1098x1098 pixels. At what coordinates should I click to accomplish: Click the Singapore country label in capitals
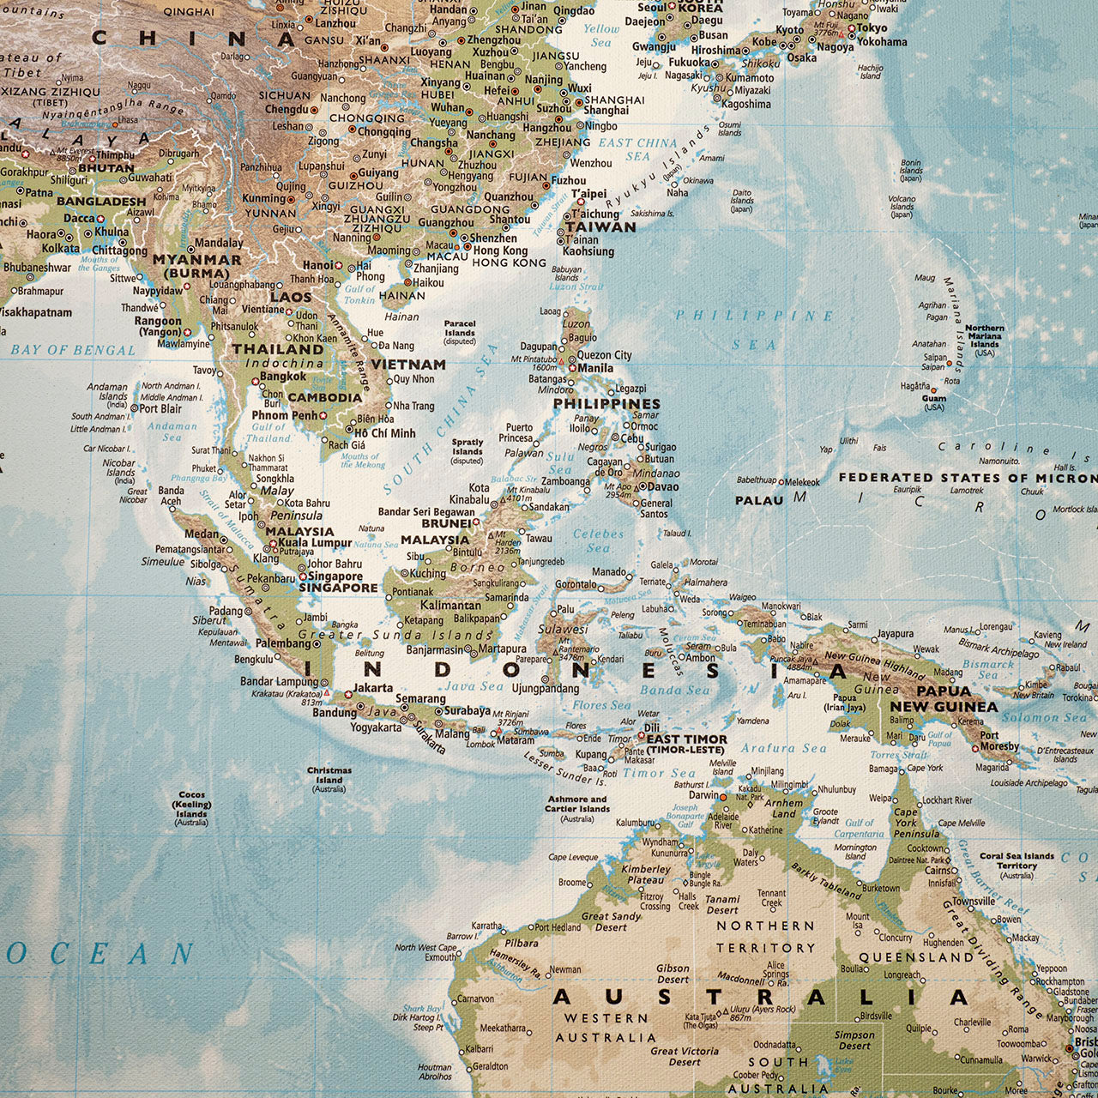(x=338, y=588)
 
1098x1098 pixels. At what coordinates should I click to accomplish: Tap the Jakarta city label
(x=373, y=688)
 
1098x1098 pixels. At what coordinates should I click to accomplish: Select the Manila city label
(x=595, y=368)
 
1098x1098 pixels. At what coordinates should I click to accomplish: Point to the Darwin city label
(x=704, y=795)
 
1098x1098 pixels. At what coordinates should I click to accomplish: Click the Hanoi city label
(x=317, y=266)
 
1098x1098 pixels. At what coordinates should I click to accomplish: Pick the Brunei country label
(x=446, y=523)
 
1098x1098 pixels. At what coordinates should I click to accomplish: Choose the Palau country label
(x=759, y=500)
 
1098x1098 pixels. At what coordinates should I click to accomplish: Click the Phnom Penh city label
(x=284, y=415)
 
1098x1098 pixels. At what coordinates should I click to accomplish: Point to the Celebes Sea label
(x=598, y=540)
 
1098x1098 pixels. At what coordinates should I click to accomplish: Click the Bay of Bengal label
(x=73, y=350)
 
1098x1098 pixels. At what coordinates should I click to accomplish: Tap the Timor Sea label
(x=659, y=773)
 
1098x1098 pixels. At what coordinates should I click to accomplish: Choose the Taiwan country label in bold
(x=600, y=227)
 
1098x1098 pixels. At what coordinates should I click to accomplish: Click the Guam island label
(x=934, y=398)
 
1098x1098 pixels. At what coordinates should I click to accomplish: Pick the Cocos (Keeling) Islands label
(x=191, y=808)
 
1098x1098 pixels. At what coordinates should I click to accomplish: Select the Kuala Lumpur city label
(x=314, y=543)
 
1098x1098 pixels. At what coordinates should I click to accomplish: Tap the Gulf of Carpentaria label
(x=859, y=828)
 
